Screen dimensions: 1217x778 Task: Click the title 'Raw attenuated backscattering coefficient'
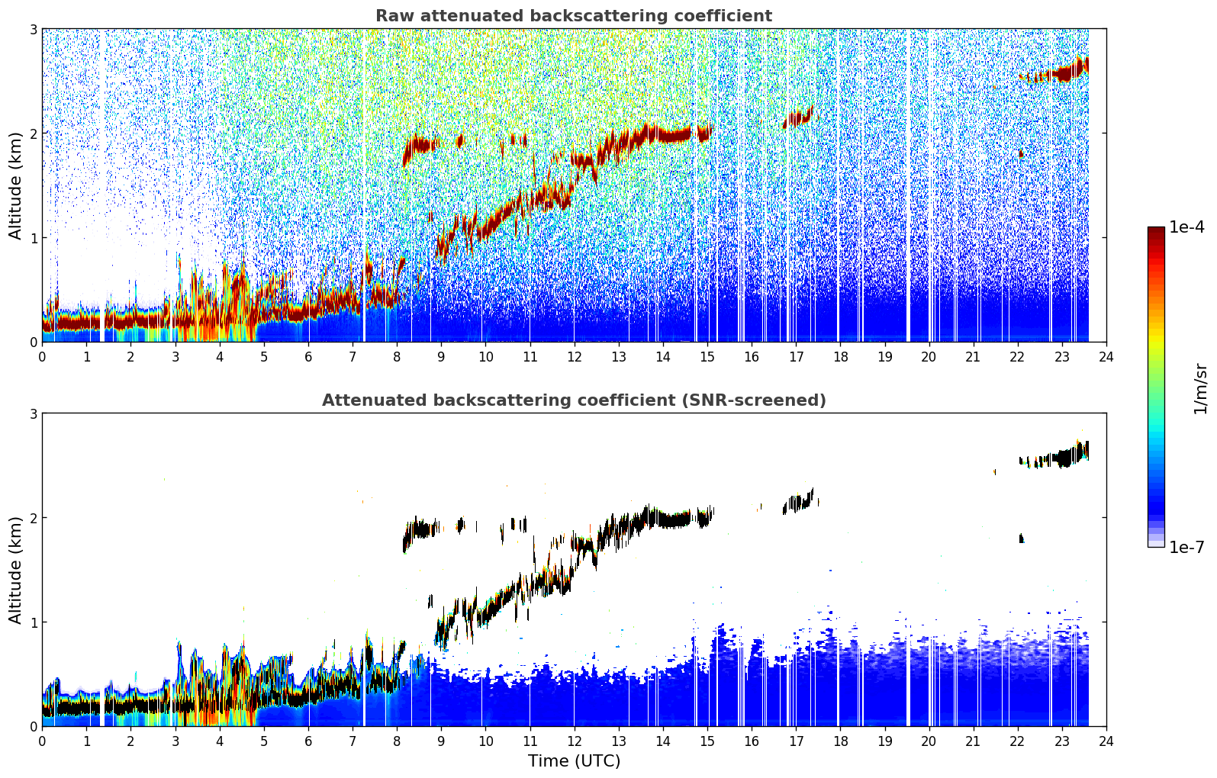coord(574,16)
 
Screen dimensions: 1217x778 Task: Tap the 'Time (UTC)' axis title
coord(574,760)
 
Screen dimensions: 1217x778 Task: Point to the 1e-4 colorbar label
coord(1186,227)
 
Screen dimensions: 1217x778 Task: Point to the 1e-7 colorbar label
coord(1186,547)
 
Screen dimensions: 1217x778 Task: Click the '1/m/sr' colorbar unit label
coord(1200,389)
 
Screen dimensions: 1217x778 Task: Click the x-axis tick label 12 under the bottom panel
coord(575,741)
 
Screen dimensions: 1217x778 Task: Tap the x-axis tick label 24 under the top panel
coord(1106,357)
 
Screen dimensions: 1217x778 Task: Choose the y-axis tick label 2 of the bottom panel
coord(33,518)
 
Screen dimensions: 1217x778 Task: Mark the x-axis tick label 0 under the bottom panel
coord(43,741)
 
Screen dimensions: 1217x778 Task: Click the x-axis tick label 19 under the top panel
coord(885,357)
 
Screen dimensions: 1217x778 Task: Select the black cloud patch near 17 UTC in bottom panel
coord(797,502)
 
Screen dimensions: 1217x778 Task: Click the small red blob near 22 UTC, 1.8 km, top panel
coord(1022,154)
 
